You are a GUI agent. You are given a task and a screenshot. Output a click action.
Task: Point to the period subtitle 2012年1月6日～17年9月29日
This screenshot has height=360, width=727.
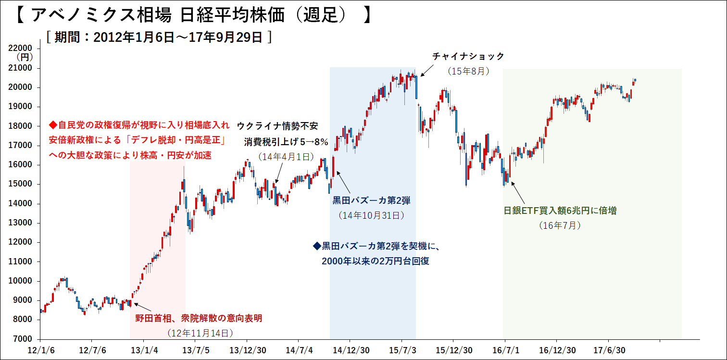(x=159, y=37)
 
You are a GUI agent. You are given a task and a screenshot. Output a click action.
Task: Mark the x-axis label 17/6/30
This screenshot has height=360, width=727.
(x=608, y=349)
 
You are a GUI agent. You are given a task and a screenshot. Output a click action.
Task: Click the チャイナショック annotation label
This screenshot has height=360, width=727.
(x=468, y=57)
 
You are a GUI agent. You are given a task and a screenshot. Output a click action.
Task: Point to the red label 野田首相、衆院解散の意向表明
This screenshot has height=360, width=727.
(x=199, y=318)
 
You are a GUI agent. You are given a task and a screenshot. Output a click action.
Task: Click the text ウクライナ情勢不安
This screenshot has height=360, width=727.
(x=277, y=126)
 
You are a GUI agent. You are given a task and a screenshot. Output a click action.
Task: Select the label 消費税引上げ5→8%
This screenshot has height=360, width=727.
(x=286, y=142)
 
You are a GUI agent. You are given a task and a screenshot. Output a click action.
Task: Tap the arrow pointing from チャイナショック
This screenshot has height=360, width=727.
(x=425, y=71)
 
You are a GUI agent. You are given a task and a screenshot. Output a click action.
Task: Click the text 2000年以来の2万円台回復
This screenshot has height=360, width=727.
(x=375, y=261)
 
